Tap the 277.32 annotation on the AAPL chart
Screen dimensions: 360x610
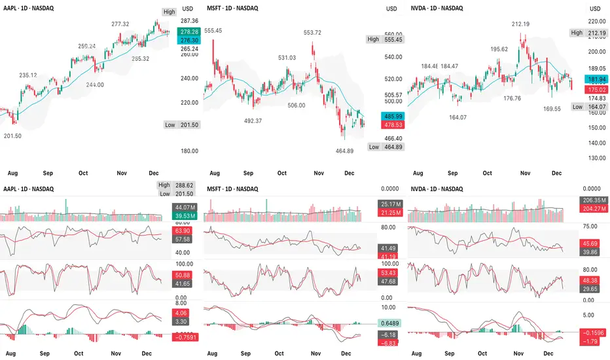[120, 24]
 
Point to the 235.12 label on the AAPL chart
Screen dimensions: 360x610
[28, 75]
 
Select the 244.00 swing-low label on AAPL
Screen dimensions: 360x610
[95, 84]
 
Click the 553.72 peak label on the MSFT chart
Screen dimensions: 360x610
[312, 33]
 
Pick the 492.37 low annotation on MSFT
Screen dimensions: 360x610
[253, 121]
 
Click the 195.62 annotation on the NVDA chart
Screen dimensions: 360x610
[499, 49]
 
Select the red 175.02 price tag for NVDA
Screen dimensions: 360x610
[596, 89]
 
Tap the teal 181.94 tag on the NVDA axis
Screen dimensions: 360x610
[596, 79]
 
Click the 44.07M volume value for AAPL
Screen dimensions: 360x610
[180, 207]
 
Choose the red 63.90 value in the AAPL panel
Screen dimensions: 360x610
[180, 231]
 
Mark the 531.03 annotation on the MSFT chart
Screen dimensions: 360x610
[287, 58]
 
